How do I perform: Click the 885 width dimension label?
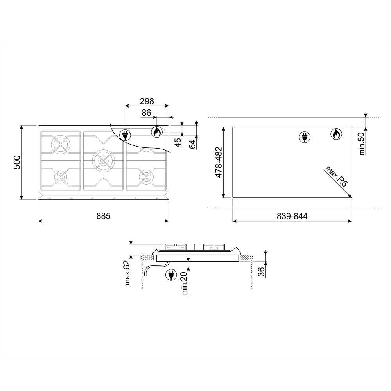(x=103, y=216)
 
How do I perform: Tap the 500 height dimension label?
(x=17, y=162)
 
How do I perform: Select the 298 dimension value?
(x=147, y=101)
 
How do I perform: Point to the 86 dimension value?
(x=146, y=113)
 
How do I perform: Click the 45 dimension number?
(x=178, y=142)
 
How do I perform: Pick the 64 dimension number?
(x=192, y=144)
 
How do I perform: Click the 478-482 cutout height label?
(x=219, y=162)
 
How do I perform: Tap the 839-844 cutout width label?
(x=292, y=216)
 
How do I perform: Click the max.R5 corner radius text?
(x=336, y=177)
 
